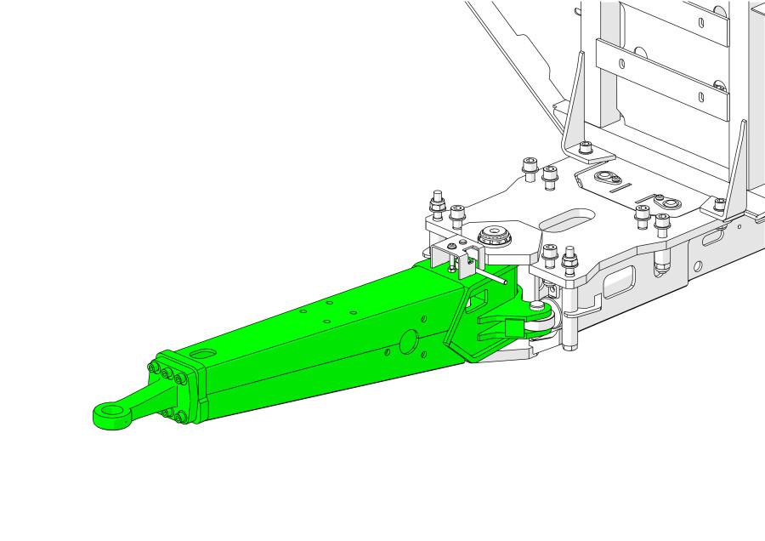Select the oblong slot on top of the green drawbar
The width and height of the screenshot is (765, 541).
[204, 352]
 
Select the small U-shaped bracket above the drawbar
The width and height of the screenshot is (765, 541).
[450, 255]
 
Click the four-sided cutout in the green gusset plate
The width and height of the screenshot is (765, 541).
[477, 298]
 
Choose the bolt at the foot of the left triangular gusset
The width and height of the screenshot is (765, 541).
[586, 149]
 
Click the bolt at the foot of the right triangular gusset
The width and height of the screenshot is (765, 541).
[720, 204]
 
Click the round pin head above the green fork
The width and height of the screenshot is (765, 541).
[537, 304]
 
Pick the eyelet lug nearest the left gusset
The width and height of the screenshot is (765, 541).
[605, 178]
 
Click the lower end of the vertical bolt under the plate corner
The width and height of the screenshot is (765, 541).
[569, 345]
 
